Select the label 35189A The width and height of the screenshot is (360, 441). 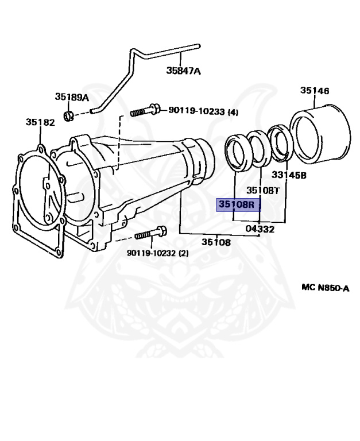coord(72,97)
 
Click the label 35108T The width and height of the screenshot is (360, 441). coord(262,190)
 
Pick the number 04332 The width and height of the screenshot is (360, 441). coord(260,229)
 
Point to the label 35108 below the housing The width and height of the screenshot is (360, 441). coord(216,242)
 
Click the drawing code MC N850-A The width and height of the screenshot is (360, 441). coord(325,288)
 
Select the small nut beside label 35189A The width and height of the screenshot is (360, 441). coord(68,117)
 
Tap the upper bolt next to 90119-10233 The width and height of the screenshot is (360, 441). coord(144,111)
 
